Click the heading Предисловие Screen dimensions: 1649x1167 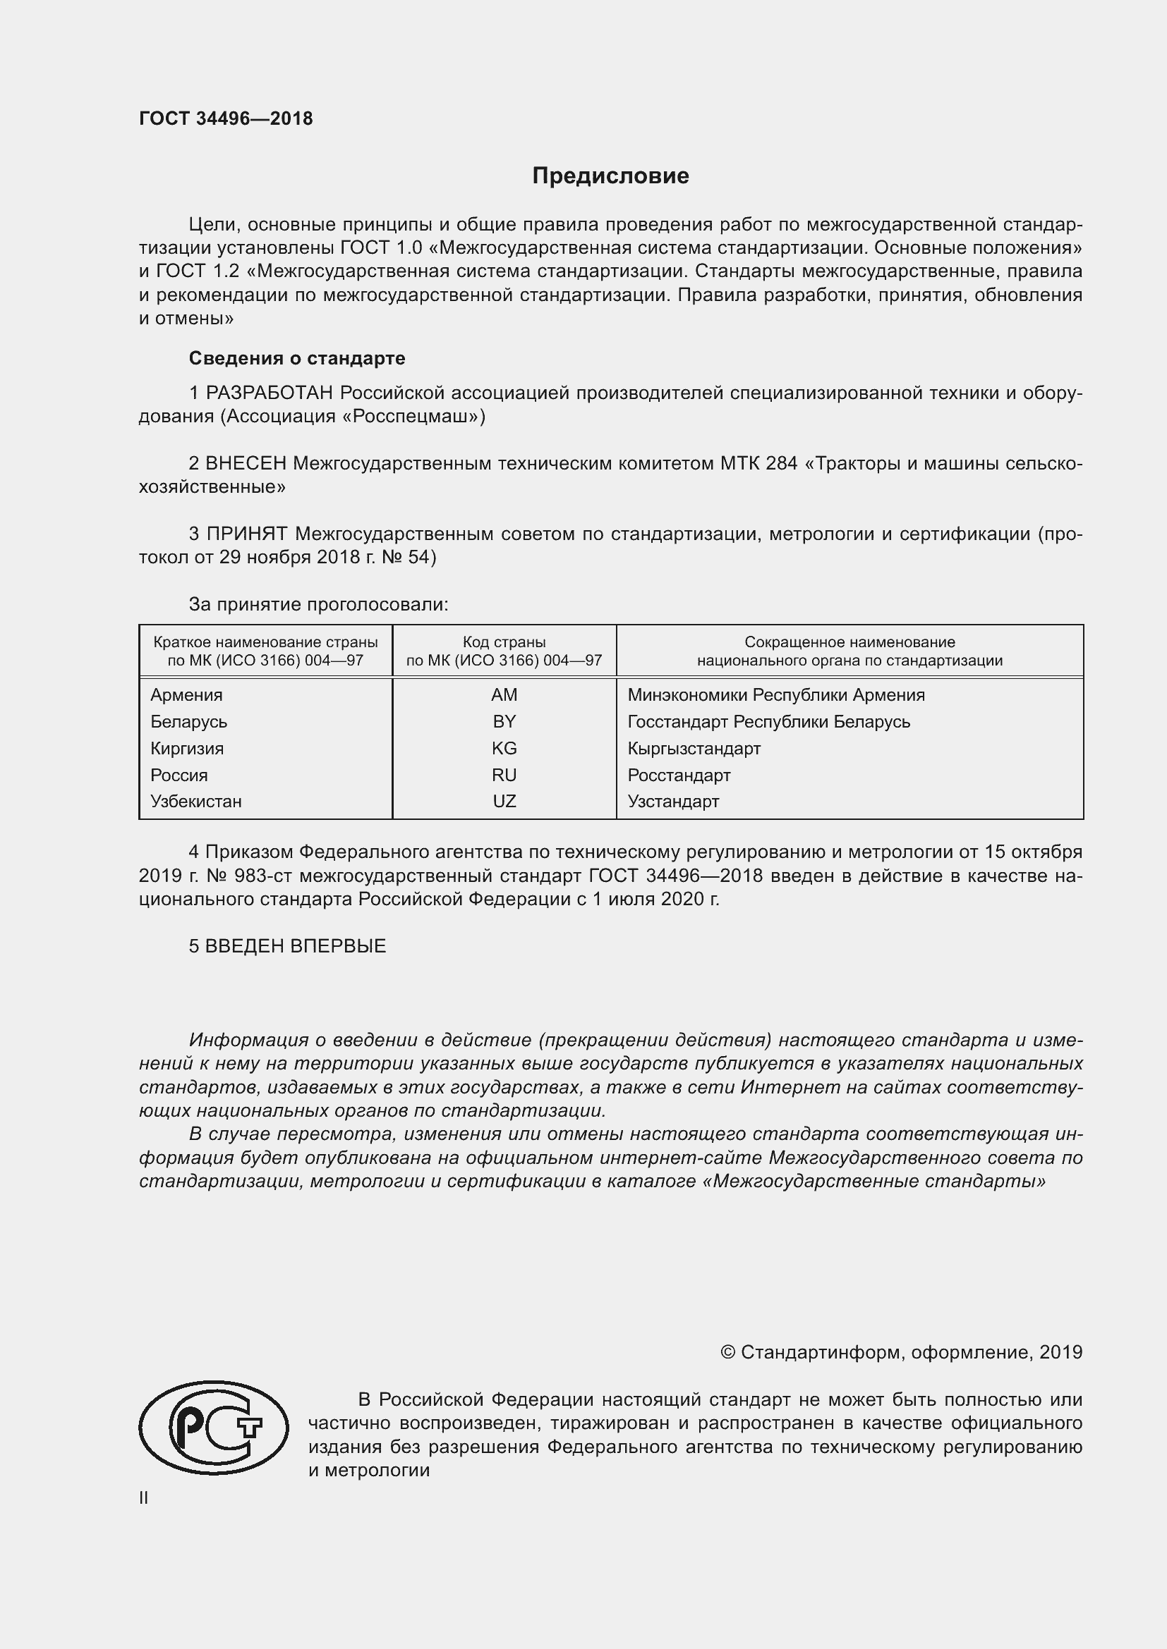(x=610, y=176)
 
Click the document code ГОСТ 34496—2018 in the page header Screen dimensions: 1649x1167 (x=226, y=119)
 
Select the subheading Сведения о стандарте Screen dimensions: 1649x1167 (x=297, y=357)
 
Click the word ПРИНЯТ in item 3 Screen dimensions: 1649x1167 (x=246, y=534)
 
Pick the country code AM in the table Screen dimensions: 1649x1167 (x=504, y=694)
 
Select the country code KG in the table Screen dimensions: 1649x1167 (x=504, y=749)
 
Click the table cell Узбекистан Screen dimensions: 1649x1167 (x=195, y=802)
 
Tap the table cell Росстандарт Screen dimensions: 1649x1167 (x=678, y=775)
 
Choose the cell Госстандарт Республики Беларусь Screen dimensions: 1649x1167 (x=768, y=721)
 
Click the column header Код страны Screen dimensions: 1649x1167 (x=504, y=642)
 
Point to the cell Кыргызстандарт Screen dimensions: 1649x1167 (x=694, y=749)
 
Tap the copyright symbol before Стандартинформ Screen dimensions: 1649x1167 (x=727, y=1352)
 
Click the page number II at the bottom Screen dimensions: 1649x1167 (x=144, y=1497)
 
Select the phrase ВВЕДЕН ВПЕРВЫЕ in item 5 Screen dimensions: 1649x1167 (x=296, y=946)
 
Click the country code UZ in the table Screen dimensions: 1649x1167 (x=504, y=802)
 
